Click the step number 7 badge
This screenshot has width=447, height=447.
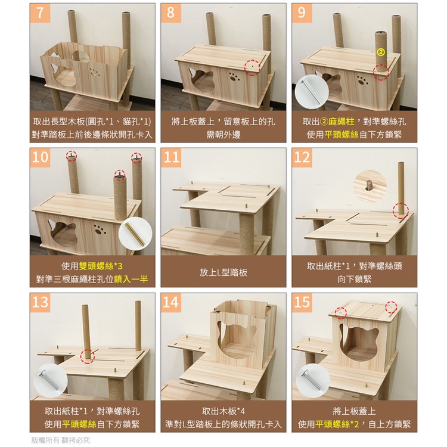(x=39, y=13)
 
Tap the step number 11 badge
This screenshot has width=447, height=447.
(x=171, y=158)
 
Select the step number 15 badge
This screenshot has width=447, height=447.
(x=302, y=302)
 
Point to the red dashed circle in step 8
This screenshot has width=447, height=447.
(x=252, y=67)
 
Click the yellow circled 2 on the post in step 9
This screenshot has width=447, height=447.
(x=381, y=52)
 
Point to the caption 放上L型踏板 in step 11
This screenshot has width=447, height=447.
(x=223, y=272)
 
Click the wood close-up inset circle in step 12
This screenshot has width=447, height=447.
(x=370, y=186)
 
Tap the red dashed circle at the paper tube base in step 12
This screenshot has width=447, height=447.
(x=401, y=211)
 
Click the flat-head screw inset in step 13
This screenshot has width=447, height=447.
(x=51, y=381)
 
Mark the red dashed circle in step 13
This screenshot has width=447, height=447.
(x=88, y=356)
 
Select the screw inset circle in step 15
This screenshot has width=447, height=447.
(x=313, y=381)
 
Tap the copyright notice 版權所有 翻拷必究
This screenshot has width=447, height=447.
(x=60, y=440)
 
